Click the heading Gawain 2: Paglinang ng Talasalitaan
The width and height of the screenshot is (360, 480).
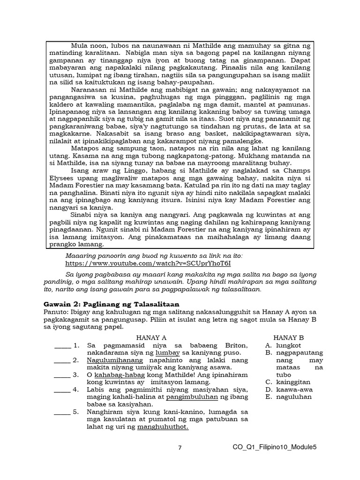[111, 304]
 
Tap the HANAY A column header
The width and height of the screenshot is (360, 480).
[151, 337]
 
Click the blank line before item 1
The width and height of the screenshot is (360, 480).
[62, 346]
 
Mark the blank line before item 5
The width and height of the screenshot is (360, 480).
[62, 413]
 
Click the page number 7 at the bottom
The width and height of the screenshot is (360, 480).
[180, 448]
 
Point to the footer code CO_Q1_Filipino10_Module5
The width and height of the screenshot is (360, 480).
[274, 447]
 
